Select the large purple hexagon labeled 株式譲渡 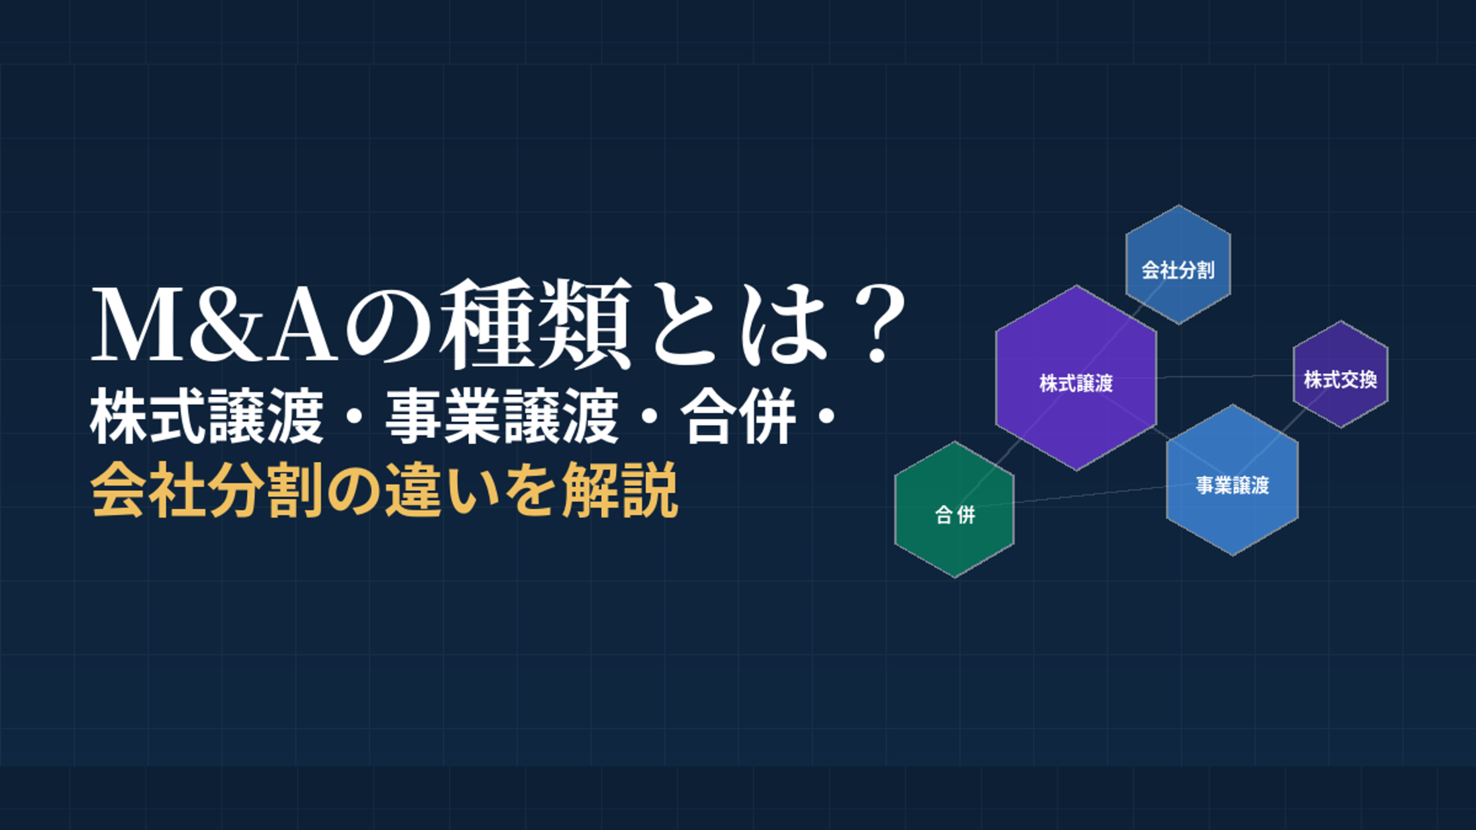coord(1076,380)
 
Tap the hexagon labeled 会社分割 coord(1178,266)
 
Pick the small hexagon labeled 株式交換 coord(1340,376)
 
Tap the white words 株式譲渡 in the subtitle coord(206,416)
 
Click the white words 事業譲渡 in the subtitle coord(502,416)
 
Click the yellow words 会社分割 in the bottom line coord(206,490)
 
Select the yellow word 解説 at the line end coord(620,490)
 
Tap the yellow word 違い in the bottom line coord(441,490)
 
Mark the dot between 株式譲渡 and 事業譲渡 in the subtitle coord(353,416)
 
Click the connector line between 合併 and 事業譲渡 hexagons coord(1090,495)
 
